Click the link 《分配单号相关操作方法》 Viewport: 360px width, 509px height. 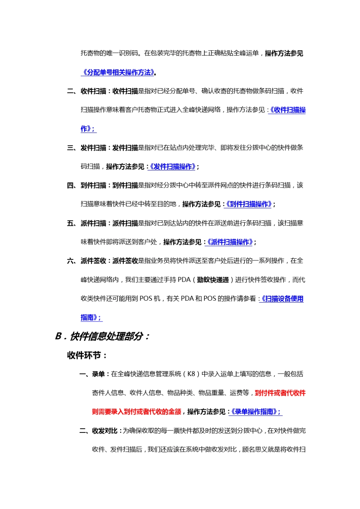pos(118,72)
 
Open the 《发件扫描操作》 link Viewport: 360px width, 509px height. pos(173,167)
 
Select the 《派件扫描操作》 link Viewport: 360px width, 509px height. pos(230,242)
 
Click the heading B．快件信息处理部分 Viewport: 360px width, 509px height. pos(102,336)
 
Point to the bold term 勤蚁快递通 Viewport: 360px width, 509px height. pos(213,280)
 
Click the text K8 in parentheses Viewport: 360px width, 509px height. pos(191,374)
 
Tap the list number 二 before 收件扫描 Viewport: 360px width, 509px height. pos(70,91)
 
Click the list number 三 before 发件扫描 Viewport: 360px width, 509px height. pos(70,148)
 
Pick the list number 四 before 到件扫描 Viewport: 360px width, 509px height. pos(70,186)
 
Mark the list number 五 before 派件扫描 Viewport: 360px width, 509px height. pos(70,223)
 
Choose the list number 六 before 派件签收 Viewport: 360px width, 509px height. pos(70,261)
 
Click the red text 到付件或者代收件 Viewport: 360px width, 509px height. pos(280,393)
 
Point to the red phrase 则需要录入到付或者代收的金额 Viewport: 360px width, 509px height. pos(136,412)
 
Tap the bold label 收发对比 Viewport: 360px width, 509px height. pos(105,431)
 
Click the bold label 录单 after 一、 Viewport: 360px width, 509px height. pos(98,374)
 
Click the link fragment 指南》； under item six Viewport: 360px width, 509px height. pos(91,318)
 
